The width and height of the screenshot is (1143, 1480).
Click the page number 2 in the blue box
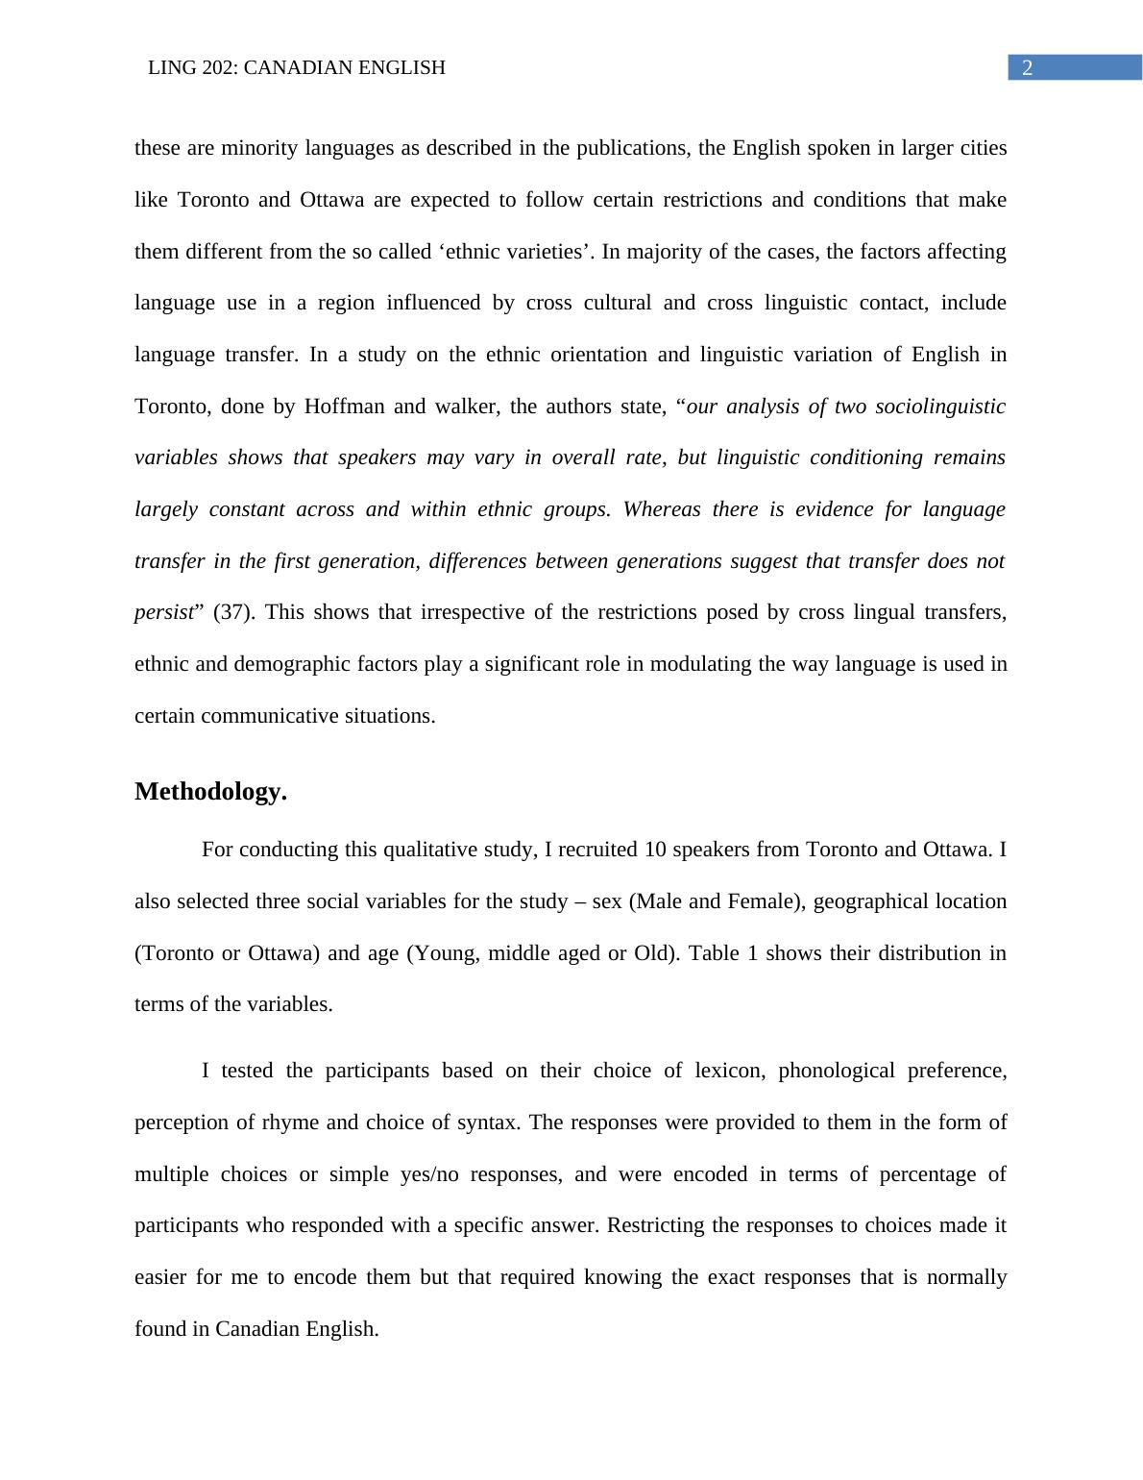[1027, 68]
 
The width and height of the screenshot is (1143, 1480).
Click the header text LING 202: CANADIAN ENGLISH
[297, 68]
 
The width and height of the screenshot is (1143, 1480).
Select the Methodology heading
[210, 792]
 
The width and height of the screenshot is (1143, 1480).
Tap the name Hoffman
[343, 407]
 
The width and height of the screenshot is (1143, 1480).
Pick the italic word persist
[164, 612]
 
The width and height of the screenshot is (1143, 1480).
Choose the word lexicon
[727, 1071]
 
